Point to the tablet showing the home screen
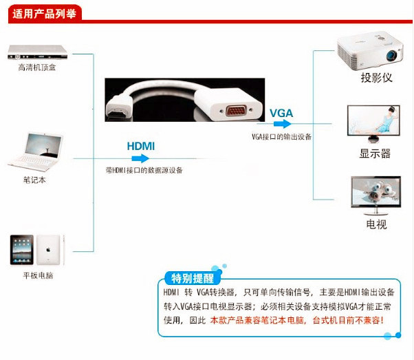(x=21, y=250)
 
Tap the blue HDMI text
(x=141, y=146)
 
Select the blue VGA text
(x=281, y=113)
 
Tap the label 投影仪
(x=376, y=78)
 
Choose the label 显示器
(x=375, y=153)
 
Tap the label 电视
(x=375, y=224)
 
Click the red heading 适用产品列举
(x=43, y=12)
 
